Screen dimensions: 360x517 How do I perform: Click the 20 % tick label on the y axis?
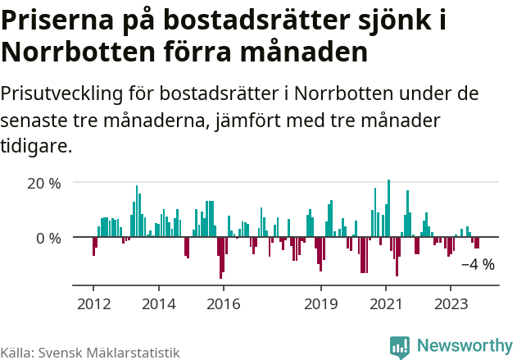[x=44, y=183]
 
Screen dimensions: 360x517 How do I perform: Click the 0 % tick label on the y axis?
[x=48, y=238]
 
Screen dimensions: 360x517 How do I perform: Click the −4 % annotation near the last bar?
[x=478, y=265]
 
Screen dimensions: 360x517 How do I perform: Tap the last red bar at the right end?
[x=477, y=243]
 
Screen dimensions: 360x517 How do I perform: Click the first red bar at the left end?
[x=93, y=246]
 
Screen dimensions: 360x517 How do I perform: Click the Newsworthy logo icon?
[x=400, y=347]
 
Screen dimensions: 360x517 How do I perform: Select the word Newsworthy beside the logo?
[x=464, y=347]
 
